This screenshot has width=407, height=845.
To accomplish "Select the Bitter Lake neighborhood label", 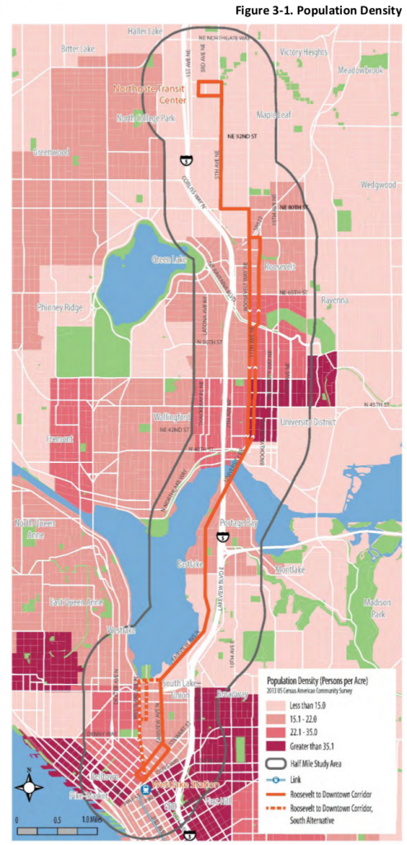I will pos(78,50).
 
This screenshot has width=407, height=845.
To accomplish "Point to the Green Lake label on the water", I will pos(171,260).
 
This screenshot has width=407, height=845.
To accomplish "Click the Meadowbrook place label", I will pos(362,71).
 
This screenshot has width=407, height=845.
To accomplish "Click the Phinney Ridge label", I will pos(59,308).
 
